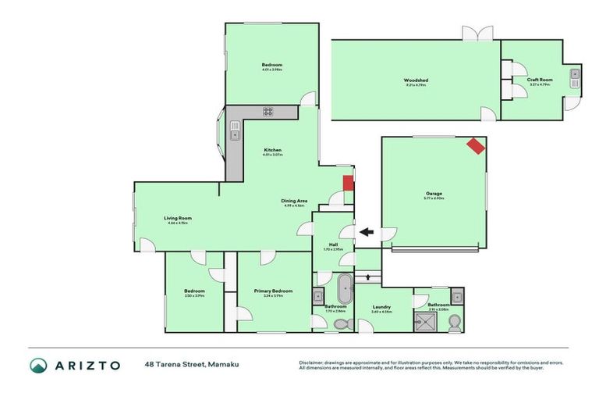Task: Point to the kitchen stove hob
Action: coord(268,112)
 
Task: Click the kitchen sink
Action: coord(233,135)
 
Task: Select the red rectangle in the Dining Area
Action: coord(349,184)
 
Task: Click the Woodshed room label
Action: coord(416,80)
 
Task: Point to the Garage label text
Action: coord(434,193)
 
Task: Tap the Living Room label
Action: coord(178,218)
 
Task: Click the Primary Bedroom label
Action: coord(274,291)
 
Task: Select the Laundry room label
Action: coord(382,307)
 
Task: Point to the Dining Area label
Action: coord(294,201)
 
